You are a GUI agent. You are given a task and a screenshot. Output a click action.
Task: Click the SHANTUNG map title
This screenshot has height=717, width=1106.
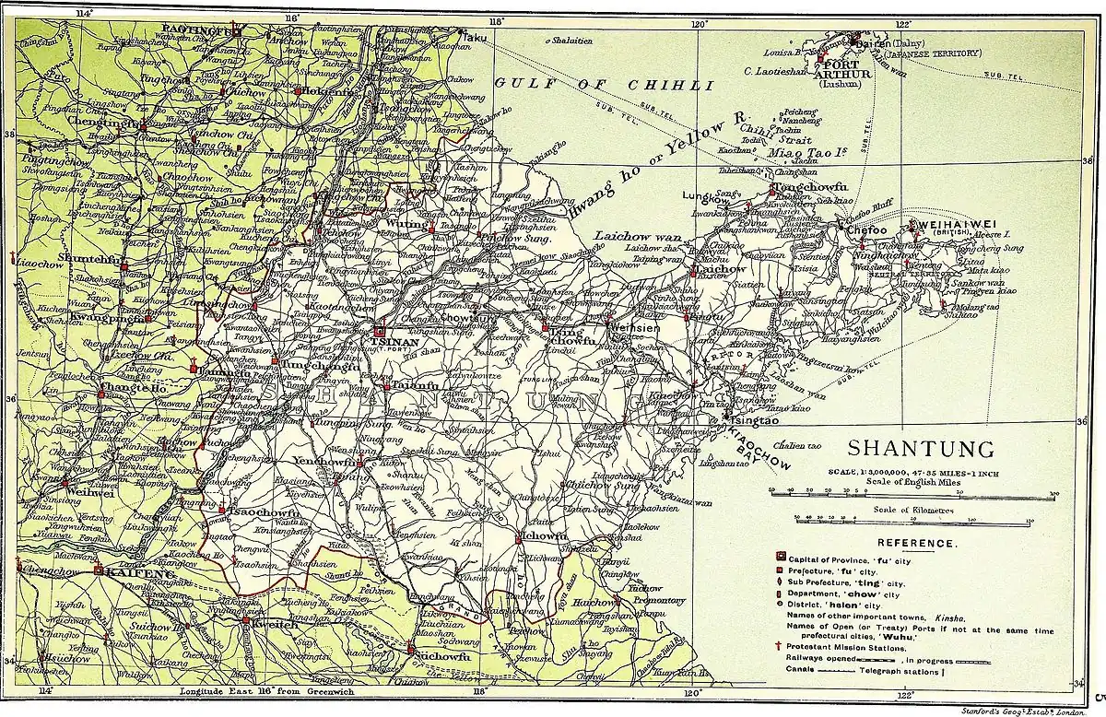coord(920,449)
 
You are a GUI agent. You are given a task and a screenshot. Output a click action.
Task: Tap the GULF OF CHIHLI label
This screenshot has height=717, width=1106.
coord(605,84)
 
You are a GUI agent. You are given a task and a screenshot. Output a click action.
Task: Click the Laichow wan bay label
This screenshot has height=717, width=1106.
coord(631,235)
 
